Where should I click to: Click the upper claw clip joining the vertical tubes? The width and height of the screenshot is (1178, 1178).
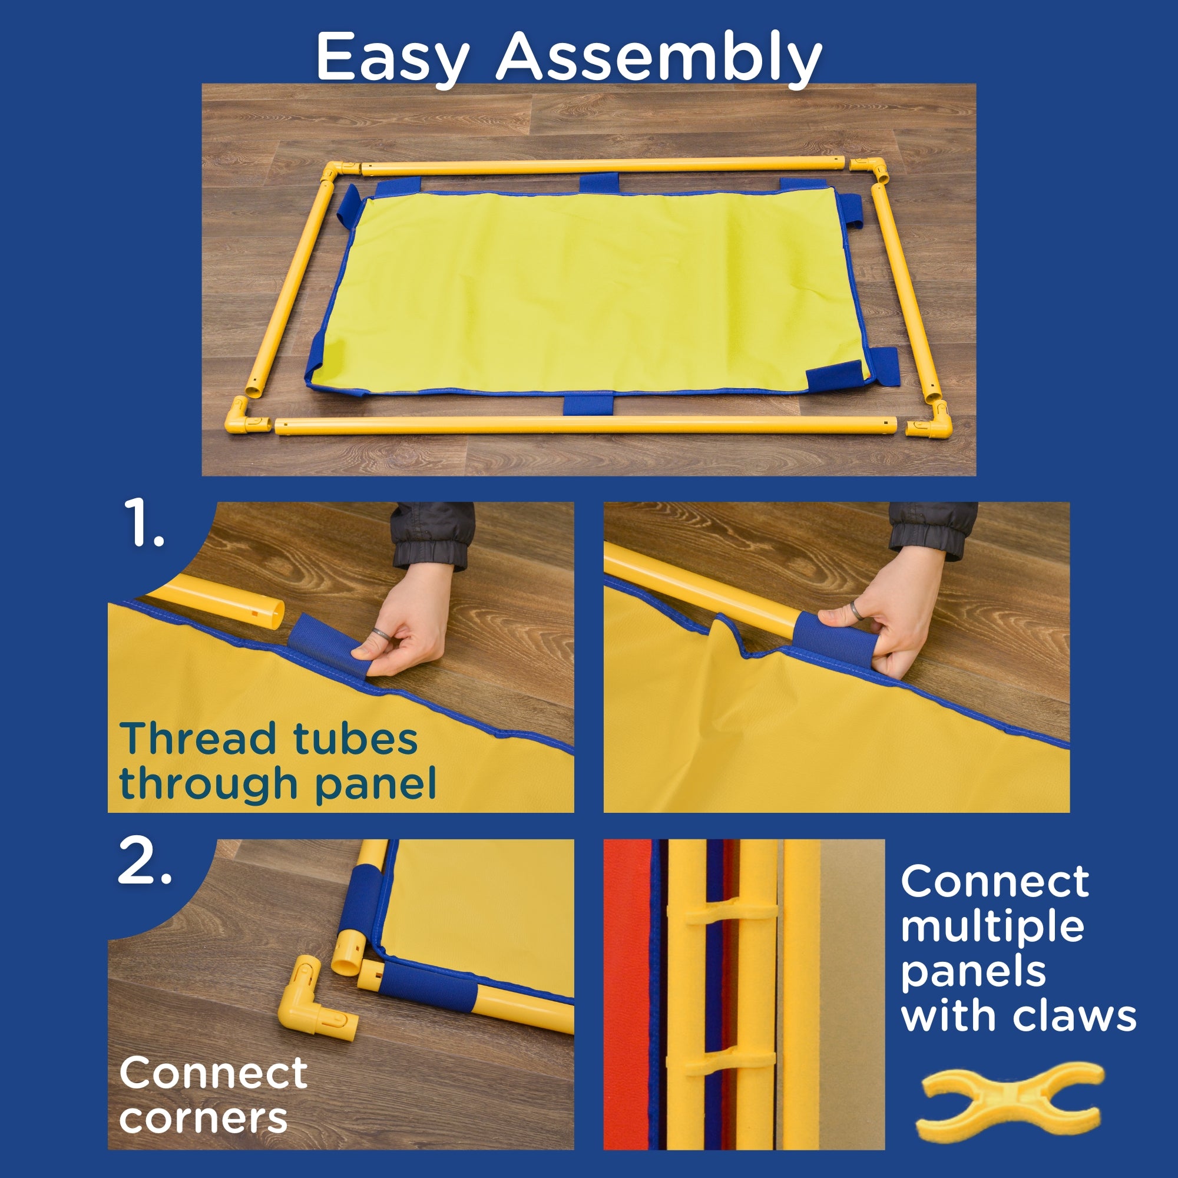coord(723,912)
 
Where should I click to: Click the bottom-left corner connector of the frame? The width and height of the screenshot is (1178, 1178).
coord(246,416)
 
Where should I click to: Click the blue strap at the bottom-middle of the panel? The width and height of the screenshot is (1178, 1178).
coord(588,404)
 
